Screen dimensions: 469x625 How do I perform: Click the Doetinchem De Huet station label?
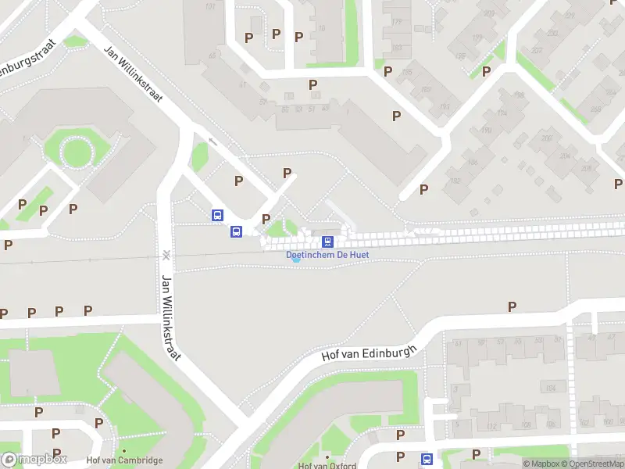point(327,255)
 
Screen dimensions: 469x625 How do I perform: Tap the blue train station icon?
point(328,242)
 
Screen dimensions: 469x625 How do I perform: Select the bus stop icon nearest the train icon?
point(236,231)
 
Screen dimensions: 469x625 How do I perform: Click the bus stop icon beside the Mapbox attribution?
point(427,459)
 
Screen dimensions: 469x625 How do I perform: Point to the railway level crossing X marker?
point(166,254)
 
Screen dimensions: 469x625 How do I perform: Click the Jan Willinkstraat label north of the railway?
point(134,74)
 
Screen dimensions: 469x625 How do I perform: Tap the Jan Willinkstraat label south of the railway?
point(171,317)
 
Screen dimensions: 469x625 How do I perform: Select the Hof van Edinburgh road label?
point(370,343)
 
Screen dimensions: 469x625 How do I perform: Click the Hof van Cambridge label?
point(125,460)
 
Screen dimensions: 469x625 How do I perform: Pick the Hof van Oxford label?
point(327,466)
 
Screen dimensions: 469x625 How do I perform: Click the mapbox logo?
point(34,459)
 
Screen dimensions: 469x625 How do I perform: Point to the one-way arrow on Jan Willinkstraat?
point(213,141)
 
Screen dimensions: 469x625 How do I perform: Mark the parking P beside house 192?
point(423,189)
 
